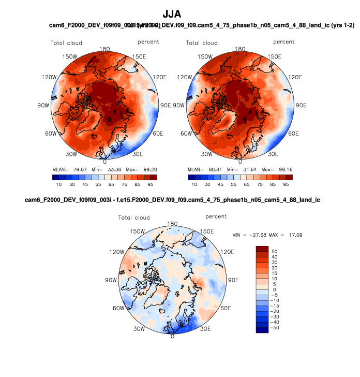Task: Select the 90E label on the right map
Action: pyautogui.click(x=302, y=105)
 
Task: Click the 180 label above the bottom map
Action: pyautogui.click(x=172, y=224)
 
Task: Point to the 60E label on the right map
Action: pyautogui.click(x=294, y=134)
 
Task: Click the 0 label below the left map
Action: pyautogui.click(x=105, y=161)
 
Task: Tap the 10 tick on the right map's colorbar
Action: pyautogui.click(x=194, y=184)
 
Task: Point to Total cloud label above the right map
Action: pyautogui.click(x=202, y=43)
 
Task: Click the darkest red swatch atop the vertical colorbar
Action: pyautogui.click(x=262, y=249)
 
